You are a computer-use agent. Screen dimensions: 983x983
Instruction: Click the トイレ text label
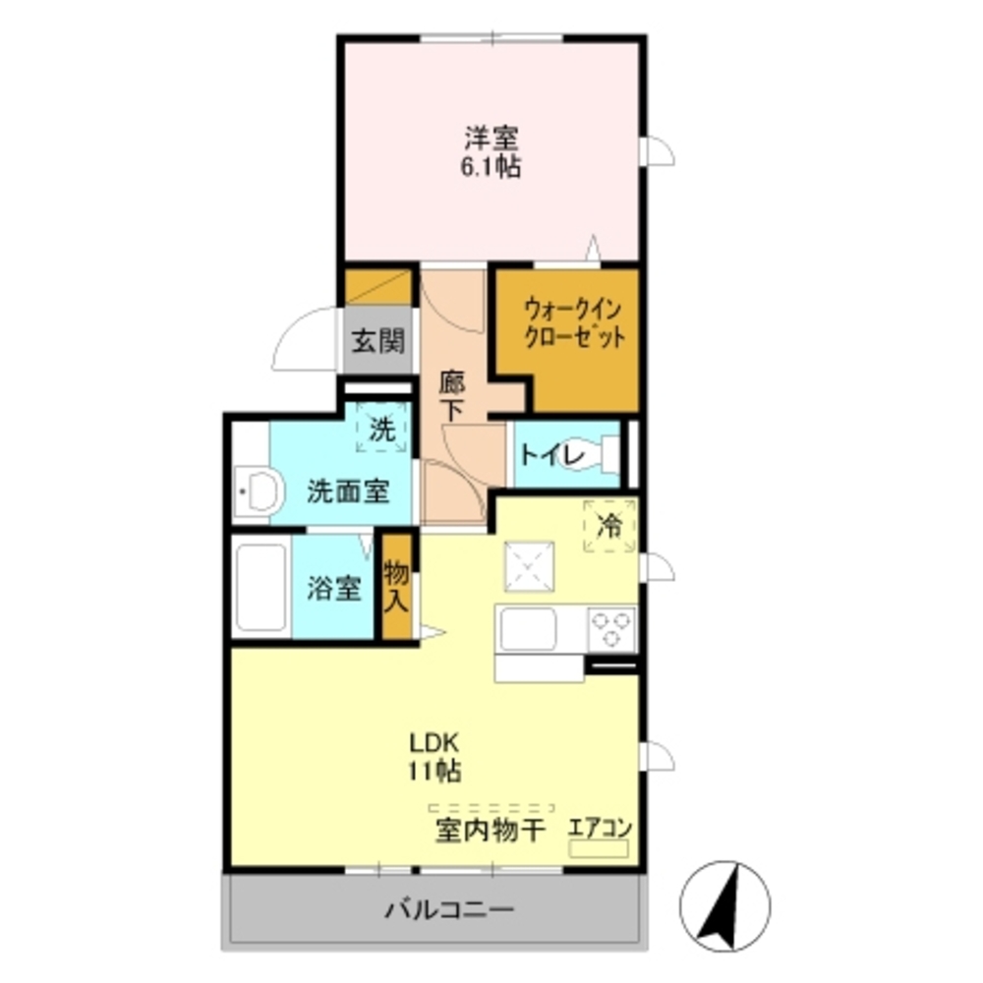[x=552, y=454]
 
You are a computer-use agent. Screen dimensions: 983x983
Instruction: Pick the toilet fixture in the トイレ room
[x=603, y=455]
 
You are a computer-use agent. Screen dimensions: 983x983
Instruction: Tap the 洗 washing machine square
[x=380, y=430]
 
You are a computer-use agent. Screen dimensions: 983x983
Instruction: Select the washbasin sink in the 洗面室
[x=260, y=490]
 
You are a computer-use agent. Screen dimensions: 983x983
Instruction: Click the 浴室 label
[x=332, y=588]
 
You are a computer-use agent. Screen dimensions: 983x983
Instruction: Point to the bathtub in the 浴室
[x=261, y=588]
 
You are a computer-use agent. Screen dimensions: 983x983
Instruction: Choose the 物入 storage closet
[x=395, y=586]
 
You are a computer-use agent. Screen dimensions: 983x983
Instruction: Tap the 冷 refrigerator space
[x=609, y=526]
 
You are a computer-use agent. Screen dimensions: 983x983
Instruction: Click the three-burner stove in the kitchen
[x=611, y=627]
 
